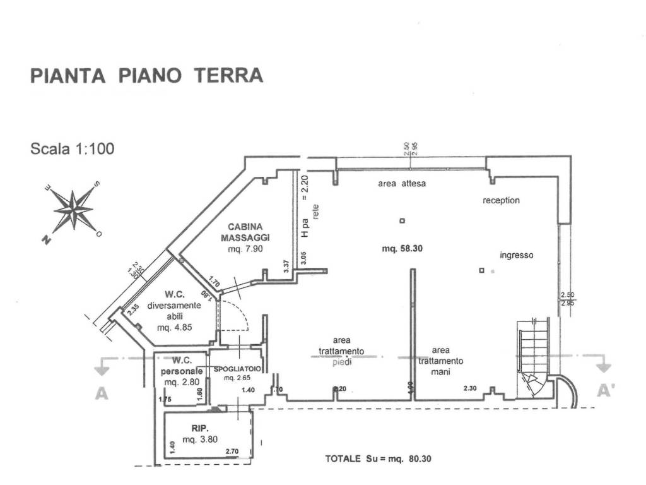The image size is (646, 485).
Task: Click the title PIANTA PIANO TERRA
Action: (x=146, y=76)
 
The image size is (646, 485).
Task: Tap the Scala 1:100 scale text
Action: (x=73, y=150)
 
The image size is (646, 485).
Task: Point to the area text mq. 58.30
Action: (x=402, y=249)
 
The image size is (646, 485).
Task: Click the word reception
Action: (x=501, y=200)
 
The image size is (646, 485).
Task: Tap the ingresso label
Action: (x=516, y=256)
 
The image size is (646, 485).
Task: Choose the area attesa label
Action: (x=402, y=184)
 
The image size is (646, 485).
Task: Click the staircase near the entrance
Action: (x=533, y=357)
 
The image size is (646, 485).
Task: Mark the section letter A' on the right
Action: (x=606, y=392)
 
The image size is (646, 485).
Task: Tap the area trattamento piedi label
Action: (x=341, y=351)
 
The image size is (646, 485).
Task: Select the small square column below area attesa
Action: (x=402, y=220)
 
